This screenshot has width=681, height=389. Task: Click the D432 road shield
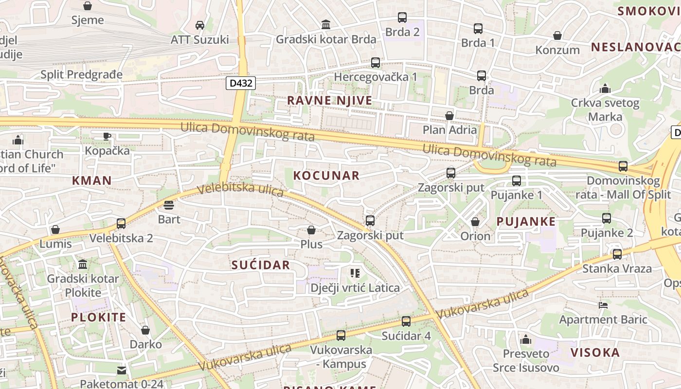tap(241, 83)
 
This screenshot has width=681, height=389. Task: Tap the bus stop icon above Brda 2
tap(402, 18)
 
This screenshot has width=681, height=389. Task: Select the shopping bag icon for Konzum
tap(557, 35)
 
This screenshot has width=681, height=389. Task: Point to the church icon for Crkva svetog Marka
tap(605, 88)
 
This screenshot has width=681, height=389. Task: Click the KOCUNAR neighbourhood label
tap(326, 176)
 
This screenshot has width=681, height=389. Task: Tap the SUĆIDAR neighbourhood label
tap(261, 265)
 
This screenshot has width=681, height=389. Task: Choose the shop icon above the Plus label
tap(311, 230)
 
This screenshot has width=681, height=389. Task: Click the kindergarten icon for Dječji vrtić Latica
tap(355, 273)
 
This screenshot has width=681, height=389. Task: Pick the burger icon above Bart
tap(169, 205)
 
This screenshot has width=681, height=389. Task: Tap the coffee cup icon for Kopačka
tap(107, 136)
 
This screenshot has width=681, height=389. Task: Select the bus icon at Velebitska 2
tap(121, 224)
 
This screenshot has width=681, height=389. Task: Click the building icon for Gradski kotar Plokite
tap(83, 265)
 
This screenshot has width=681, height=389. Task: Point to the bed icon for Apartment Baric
tap(603, 305)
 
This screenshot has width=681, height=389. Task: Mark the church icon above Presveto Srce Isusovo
tap(526, 339)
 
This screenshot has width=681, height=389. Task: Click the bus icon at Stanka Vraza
tap(617, 254)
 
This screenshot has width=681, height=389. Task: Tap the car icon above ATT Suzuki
tap(199, 25)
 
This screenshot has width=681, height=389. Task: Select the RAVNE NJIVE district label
tap(329, 101)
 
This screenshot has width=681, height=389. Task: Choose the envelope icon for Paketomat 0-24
tap(122, 371)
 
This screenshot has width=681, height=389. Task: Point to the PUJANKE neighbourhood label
tap(526, 222)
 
